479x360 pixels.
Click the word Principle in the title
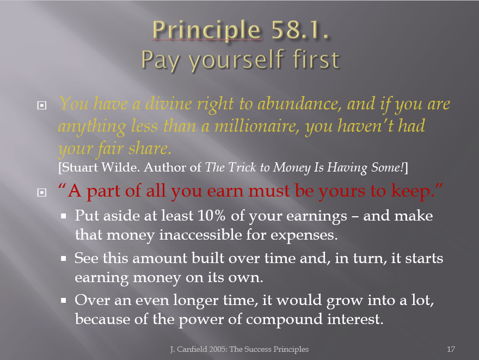point(206,30)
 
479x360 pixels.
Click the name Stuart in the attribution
point(79,167)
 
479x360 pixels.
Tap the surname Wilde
point(120,167)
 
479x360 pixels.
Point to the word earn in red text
point(225,191)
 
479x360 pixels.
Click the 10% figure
point(211,216)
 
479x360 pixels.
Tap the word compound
point(284,320)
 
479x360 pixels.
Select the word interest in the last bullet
point(355,319)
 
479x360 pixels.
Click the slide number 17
point(451,349)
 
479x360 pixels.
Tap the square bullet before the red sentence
point(41,192)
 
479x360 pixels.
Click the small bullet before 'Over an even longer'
point(64,301)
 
